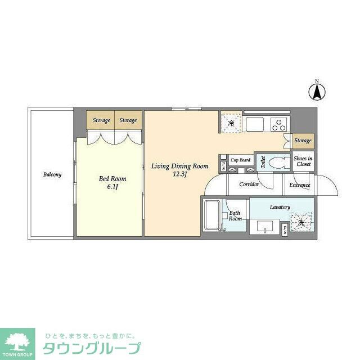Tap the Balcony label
point(52,174)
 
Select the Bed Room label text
point(112,178)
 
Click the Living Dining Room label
point(180,166)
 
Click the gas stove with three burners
point(278,124)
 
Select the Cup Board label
point(241,160)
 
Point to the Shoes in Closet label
point(303,161)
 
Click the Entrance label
point(300,184)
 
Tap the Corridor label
point(249,184)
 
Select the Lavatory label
point(280,207)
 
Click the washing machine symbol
point(301,222)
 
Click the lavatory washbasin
point(265,227)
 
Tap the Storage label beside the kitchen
point(303,141)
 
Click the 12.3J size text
point(180,174)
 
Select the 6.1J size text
point(112,187)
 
